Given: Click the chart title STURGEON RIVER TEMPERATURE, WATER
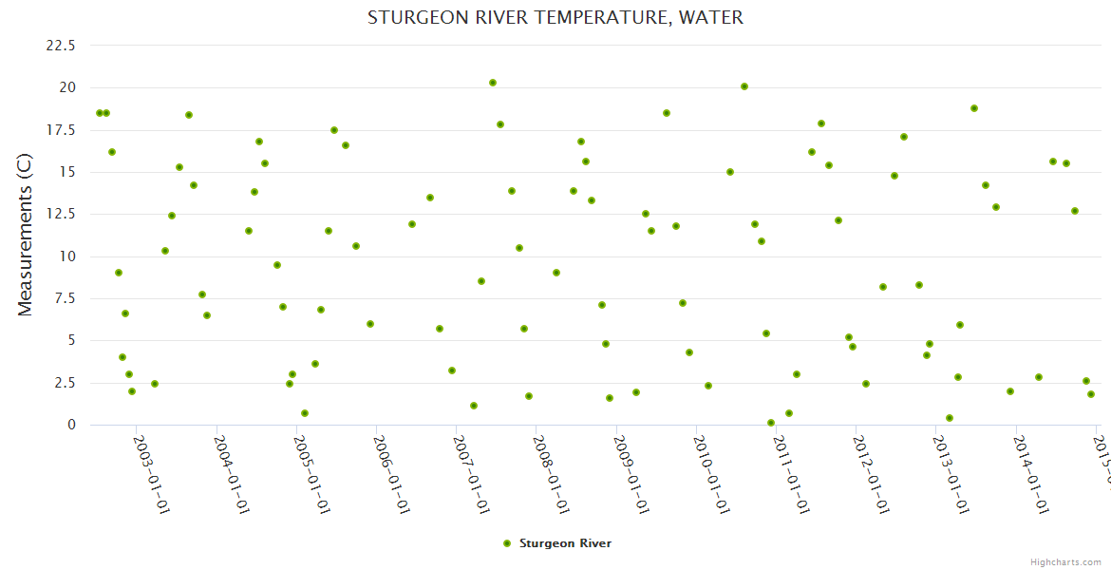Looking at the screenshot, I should pyautogui.click(x=555, y=18).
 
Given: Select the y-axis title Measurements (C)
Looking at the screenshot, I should pyautogui.click(x=26, y=235).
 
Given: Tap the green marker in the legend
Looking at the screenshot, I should pyautogui.click(x=506, y=543).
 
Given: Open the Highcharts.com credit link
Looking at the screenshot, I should pyautogui.click(x=1066, y=561).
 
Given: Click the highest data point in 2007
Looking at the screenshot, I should pyautogui.click(x=493, y=83).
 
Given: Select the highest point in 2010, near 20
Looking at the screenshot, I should pyautogui.click(x=744, y=86).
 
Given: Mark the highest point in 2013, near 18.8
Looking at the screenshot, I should pyautogui.click(x=974, y=108).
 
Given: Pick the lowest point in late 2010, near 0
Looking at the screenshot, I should pyautogui.click(x=771, y=423).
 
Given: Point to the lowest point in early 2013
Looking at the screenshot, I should pyautogui.click(x=950, y=418).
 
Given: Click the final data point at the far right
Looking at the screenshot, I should pyautogui.click(x=1091, y=394).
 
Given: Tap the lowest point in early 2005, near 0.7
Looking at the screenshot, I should pyautogui.click(x=305, y=413).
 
